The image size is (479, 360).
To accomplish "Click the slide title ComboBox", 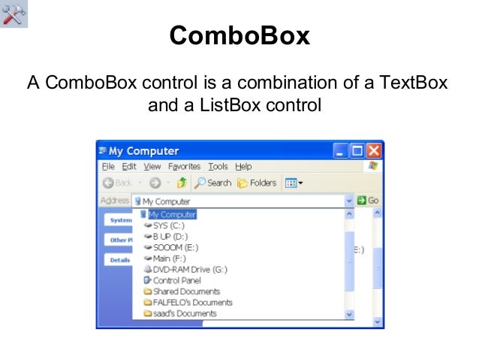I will pyautogui.click(x=239, y=36).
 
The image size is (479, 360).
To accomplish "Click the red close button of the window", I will pyautogui.click(x=373, y=150).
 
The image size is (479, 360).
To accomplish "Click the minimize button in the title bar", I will pyautogui.click(x=342, y=150).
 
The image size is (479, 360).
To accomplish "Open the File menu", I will pyautogui.click(x=108, y=167).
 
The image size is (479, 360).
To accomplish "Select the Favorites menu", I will pyautogui.click(x=184, y=167).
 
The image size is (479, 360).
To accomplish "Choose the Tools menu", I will pyautogui.click(x=218, y=167).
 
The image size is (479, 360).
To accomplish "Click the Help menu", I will pyautogui.click(x=243, y=167).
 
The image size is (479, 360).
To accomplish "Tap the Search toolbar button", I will pyautogui.click(x=212, y=183).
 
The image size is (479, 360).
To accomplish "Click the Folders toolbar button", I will pyautogui.click(x=257, y=183).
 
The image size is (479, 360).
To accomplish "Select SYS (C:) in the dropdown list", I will pyautogui.click(x=168, y=225).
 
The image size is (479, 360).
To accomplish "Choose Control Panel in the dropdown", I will pyautogui.click(x=177, y=280).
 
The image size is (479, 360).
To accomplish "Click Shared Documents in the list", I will pyautogui.click(x=186, y=292).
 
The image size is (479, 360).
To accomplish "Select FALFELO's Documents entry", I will pyautogui.click(x=192, y=302).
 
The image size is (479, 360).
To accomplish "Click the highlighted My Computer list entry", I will pyautogui.click(x=172, y=214).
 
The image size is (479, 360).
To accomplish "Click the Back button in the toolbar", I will pyautogui.click(x=117, y=183).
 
